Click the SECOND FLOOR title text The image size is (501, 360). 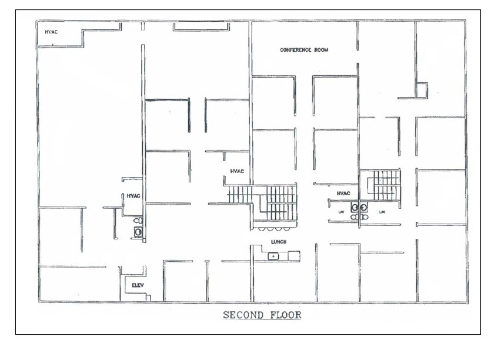click(262, 315)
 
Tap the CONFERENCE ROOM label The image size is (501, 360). click(304, 50)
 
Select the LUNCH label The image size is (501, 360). click(278, 242)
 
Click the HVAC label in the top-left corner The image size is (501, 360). click(51, 32)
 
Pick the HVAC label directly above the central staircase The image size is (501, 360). click(236, 171)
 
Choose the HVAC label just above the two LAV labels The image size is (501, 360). click(343, 193)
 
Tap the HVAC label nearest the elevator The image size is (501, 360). click(133, 196)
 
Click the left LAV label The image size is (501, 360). click(340, 212)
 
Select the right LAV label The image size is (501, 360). click(382, 212)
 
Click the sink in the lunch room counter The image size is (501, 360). click(273, 256)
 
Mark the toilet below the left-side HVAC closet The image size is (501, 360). click(138, 221)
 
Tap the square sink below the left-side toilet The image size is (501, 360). click(138, 232)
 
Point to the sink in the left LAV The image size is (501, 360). click(355, 207)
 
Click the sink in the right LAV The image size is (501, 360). click(364, 207)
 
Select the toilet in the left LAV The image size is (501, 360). click(354, 217)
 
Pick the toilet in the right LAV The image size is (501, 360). click(365, 217)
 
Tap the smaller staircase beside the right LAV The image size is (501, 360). click(385, 185)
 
